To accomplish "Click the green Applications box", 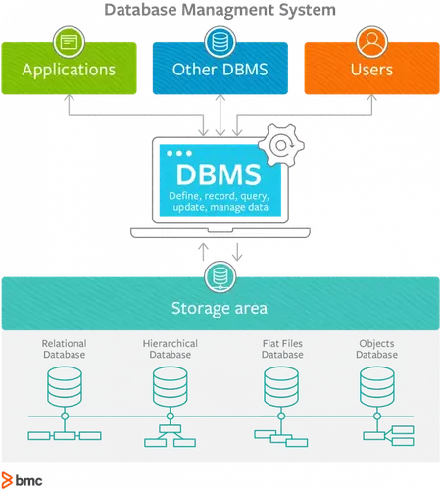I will (69, 70).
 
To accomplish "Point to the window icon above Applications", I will (69, 42).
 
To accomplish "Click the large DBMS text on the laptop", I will (219, 175).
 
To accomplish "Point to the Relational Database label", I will (64, 349).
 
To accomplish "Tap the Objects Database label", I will (376, 349).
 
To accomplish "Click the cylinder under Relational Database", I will (64, 388).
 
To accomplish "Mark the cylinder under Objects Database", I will (377, 388).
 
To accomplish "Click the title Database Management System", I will (220, 10).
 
